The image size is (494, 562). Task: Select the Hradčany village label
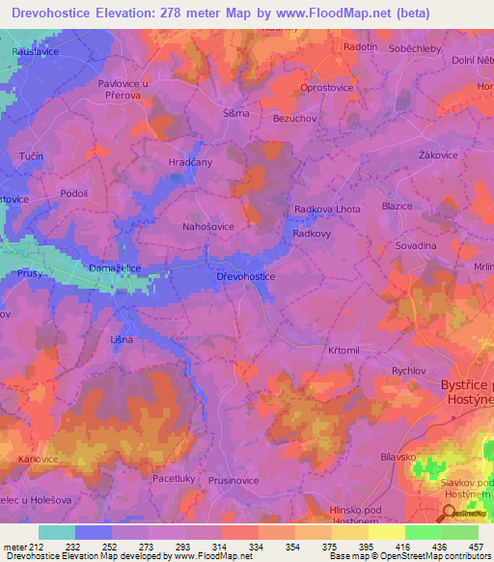click(x=190, y=162)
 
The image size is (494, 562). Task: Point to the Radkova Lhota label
click(x=327, y=210)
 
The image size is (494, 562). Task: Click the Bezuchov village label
click(x=296, y=117)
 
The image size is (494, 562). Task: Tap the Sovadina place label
click(x=416, y=246)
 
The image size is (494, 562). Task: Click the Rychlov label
click(x=409, y=370)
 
